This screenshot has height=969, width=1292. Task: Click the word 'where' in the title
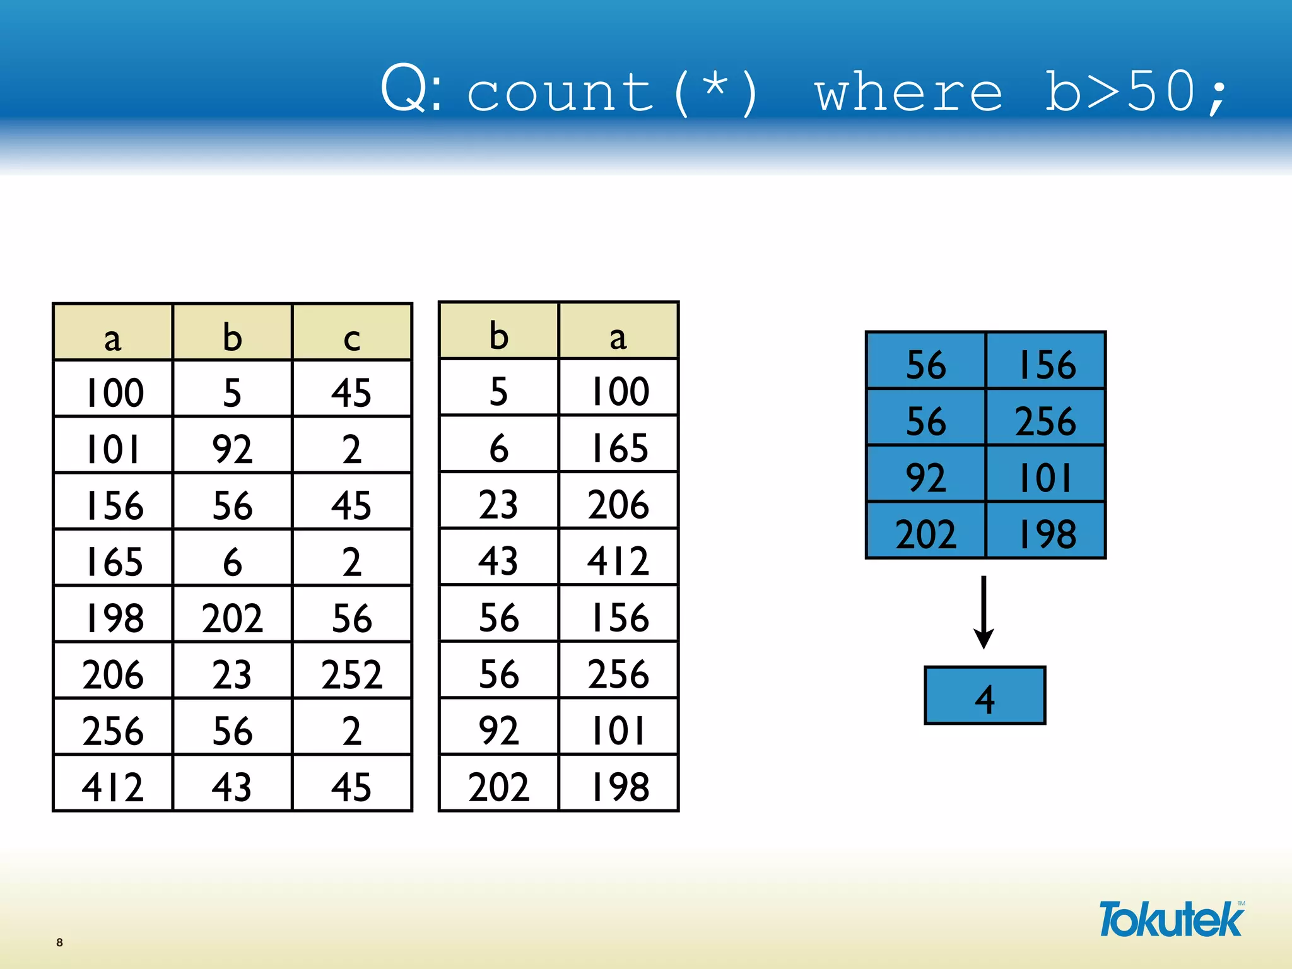coord(908,93)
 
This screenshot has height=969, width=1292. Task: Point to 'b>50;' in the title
coord(1136,93)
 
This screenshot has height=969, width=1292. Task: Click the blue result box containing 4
coord(984,695)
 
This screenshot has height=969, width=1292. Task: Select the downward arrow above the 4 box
coord(984,612)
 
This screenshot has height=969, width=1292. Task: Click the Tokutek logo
coord(1171,919)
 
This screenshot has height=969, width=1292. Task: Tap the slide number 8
coord(59,942)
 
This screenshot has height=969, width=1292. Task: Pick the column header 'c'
coord(352,338)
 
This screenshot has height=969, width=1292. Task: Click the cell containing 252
coord(352,674)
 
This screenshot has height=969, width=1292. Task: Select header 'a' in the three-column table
coord(112,338)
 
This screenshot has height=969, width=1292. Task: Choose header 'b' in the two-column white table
coord(498,336)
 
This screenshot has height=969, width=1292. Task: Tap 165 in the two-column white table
coord(618,448)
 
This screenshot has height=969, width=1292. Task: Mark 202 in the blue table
coord(925,534)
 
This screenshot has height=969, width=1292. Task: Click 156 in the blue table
coord(1046,364)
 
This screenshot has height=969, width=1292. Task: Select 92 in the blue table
coord(925,477)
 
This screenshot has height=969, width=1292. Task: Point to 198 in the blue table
coord(1046,534)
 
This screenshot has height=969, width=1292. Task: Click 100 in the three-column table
coord(114,392)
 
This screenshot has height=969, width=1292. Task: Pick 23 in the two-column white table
coord(498,505)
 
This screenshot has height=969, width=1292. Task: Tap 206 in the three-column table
coord(112,674)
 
